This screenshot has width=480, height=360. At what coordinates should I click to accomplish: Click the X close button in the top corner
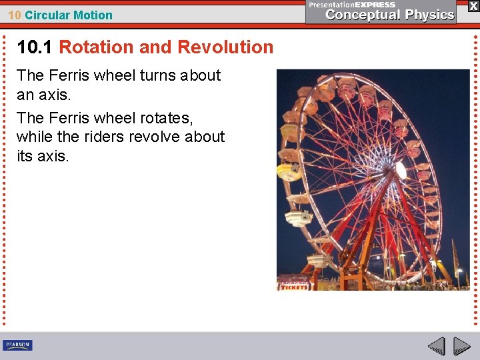tap(473, 5)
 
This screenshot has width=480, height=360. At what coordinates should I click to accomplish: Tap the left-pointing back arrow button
tap(437, 346)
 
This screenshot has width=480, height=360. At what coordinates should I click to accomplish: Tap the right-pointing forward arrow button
tap(461, 346)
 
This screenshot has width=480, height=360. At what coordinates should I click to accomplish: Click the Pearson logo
tap(17, 345)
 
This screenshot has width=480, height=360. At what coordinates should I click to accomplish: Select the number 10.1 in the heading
tap(35, 47)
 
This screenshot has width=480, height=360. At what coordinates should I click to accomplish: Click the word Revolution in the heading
tap(226, 47)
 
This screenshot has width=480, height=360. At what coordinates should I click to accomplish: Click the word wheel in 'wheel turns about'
tap(115, 75)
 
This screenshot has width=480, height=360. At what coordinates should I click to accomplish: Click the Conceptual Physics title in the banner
tap(389, 15)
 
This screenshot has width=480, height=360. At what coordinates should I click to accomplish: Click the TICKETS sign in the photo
tap(294, 287)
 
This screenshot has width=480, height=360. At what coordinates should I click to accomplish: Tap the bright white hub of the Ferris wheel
tap(401, 170)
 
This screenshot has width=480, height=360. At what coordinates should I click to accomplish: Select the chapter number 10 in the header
tap(15, 15)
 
